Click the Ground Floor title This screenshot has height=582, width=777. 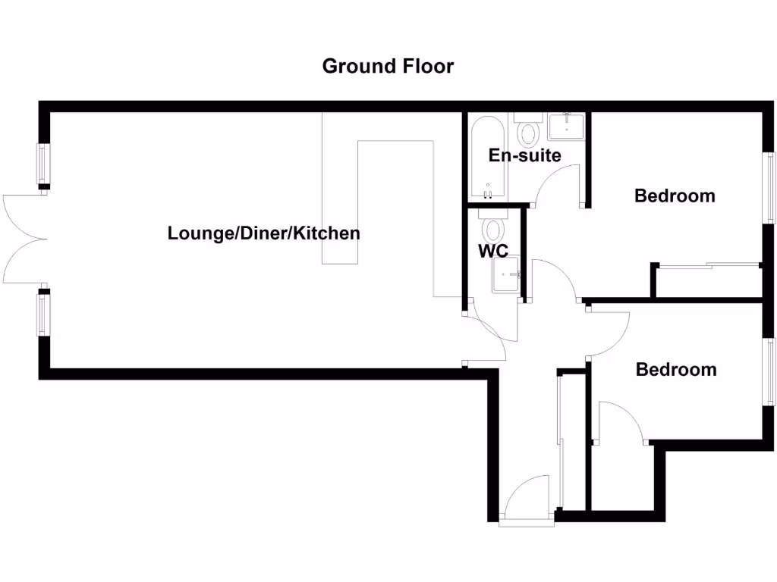pyautogui.click(x=388, y=66)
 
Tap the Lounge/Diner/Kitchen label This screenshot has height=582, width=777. pyautogui.click(x=263, y=233)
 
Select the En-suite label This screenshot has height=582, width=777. pyautogui.click(x=524, y=155)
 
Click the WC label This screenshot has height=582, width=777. pyautogui.click(x=492, y=252)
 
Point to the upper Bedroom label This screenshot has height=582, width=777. pyautogui.click(x=675, y=196)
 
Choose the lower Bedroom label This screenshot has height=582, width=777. pyautogui.click(x=675, y=369)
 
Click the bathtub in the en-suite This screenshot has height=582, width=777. pyautogui.click(x=486, y=157)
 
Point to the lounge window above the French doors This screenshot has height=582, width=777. pyautogui.click(x=43, y=164)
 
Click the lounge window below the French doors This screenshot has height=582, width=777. pyautogui.click(x=43, y=314)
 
